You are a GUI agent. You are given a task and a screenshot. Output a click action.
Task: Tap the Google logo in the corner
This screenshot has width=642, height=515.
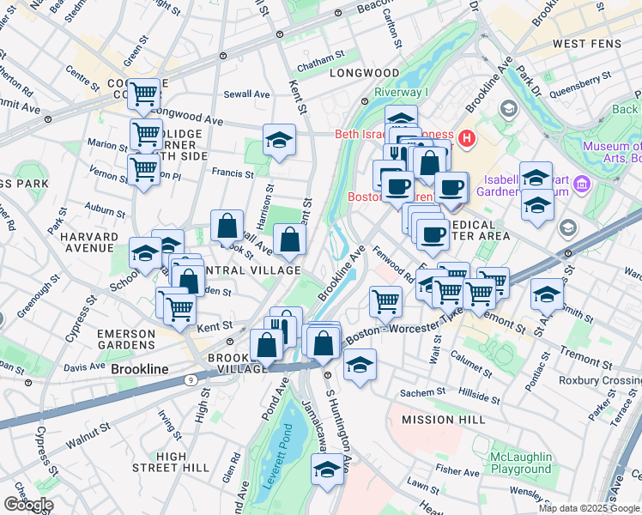[27, 505]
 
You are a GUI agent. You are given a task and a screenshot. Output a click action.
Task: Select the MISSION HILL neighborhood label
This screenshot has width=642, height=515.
[445, 420]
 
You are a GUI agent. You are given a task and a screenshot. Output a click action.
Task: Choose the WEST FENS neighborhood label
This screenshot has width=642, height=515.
[581, 44]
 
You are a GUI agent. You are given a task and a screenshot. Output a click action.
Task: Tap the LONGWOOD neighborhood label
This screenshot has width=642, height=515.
[365, 74]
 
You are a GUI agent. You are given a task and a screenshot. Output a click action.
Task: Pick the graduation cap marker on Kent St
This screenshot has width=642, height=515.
[279, 139]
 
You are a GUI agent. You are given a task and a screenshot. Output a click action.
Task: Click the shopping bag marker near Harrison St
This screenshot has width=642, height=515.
[227, 227]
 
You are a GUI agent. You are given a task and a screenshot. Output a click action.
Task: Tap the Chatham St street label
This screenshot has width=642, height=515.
[320, 53]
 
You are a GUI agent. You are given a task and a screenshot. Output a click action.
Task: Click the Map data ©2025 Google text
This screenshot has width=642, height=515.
[589, 508]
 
